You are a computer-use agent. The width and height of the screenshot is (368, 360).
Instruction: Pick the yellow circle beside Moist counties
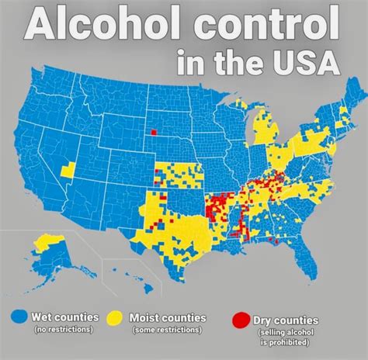(x=116, y=318)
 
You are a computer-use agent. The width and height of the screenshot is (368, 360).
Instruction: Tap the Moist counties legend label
(x=168, y=317)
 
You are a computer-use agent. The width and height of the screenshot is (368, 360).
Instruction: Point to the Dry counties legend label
(x=286, y=320)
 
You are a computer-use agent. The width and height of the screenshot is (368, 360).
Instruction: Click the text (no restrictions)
(x=64, y=330)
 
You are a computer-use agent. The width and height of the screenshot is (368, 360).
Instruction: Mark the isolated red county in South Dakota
(x=153, y=131)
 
